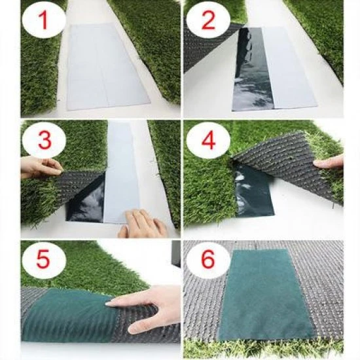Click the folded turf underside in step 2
pos(203,49)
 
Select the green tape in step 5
pos(65,314)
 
